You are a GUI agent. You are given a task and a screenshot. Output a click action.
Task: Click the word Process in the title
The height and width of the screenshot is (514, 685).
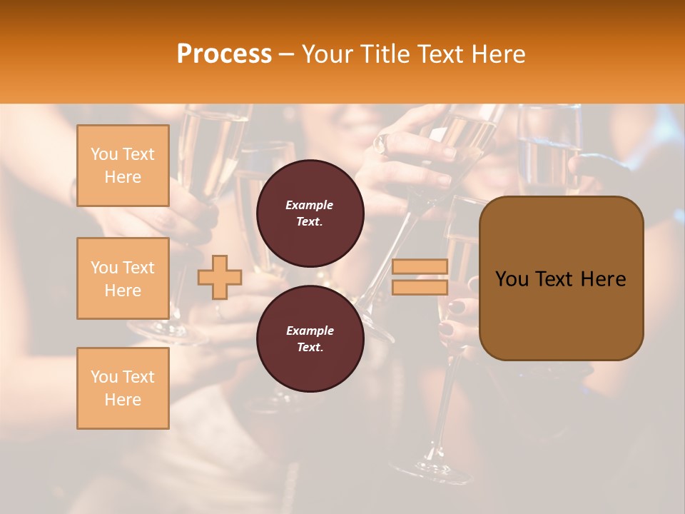tap(224, 54)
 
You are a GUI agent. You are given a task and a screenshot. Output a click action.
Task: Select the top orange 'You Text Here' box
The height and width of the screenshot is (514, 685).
tap(123, 166)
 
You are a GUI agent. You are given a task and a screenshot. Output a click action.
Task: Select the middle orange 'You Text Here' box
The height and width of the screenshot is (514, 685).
tap(123, 278)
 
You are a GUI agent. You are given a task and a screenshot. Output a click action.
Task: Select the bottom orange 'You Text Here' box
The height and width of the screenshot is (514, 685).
tap(123, 388)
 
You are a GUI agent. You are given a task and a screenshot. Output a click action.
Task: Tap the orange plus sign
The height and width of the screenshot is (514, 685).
tap(220, 277)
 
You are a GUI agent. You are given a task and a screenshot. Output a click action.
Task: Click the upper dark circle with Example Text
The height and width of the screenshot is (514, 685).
tap(310, 213)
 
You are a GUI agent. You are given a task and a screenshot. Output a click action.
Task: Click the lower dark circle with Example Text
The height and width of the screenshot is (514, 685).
tap(310, 338)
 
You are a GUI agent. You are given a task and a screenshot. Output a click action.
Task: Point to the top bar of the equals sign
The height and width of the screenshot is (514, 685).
tap(420, 266)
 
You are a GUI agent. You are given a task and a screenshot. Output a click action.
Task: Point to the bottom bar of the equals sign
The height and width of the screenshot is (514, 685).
tap(420, 287)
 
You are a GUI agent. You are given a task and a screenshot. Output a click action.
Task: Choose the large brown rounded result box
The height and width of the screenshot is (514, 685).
tap(561, 278)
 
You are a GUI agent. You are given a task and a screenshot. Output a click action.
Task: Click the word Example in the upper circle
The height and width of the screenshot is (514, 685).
tap(310, 205)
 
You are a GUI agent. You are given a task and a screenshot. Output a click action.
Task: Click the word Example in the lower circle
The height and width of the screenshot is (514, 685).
tap(310, 331)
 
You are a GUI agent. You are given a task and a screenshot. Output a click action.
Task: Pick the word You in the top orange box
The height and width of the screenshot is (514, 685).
tap(104, 154)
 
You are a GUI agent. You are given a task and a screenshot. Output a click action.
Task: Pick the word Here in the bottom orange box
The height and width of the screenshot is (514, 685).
tap(123, 400)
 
